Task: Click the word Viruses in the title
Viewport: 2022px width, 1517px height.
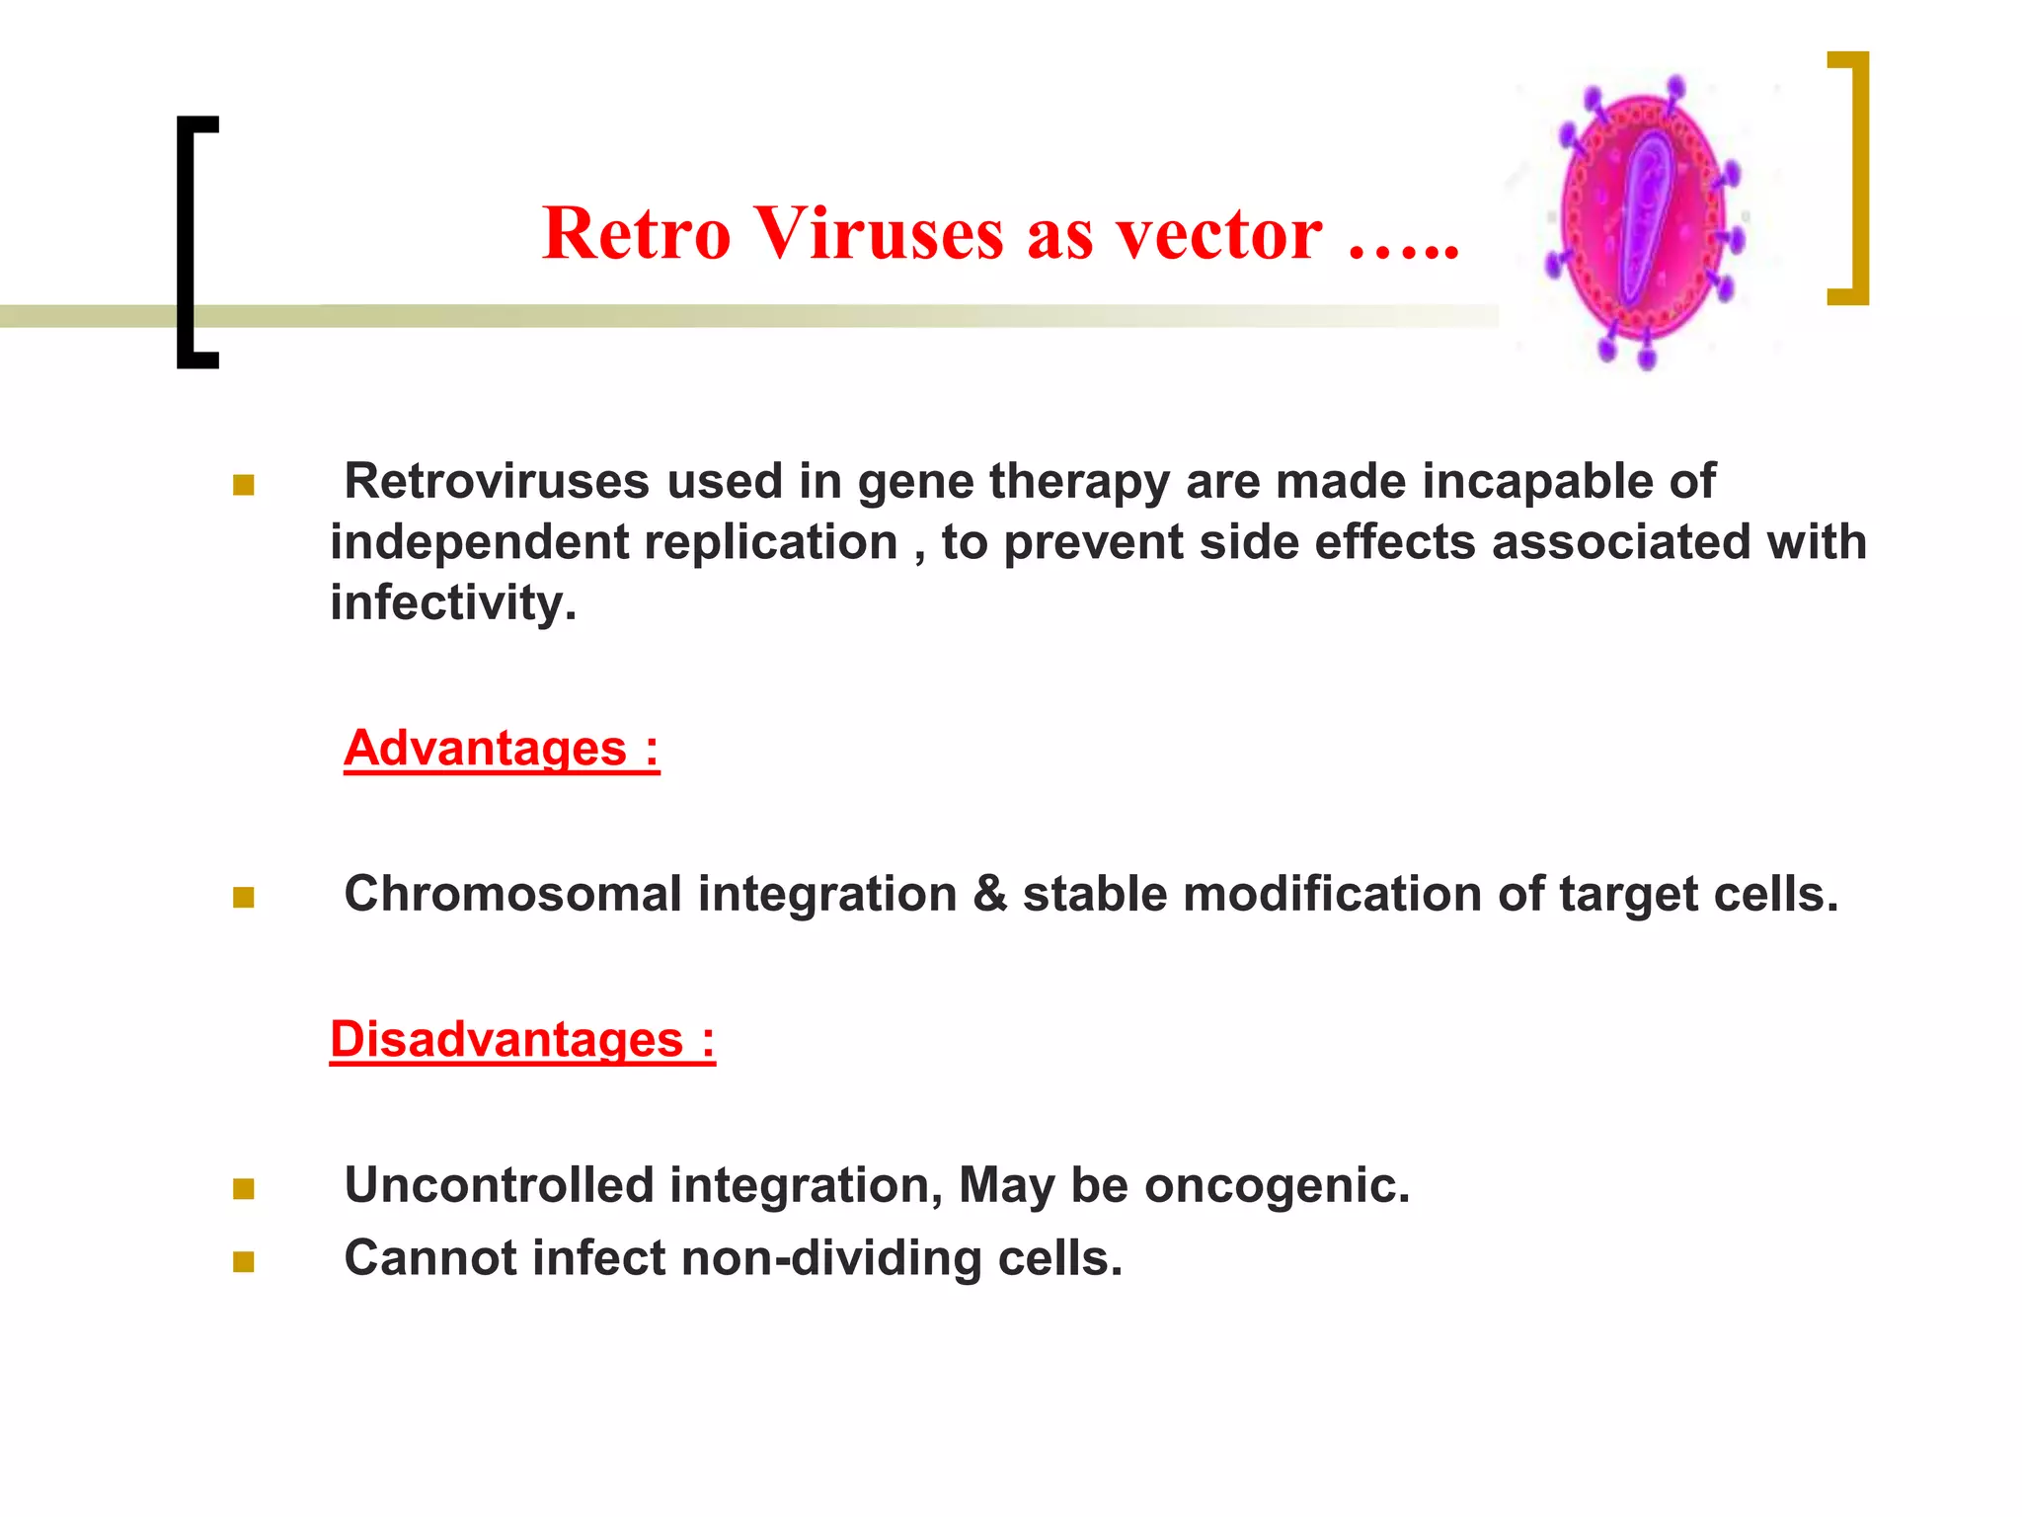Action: pos(881,234)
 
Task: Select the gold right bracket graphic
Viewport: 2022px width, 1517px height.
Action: pos(1856,178)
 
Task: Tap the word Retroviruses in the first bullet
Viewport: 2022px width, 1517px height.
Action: pos(497,482)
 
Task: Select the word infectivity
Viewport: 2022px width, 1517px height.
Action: pos(453,602)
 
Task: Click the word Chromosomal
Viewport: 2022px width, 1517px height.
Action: pos(512,894)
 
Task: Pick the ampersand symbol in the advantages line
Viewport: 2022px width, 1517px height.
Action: pos(990,894)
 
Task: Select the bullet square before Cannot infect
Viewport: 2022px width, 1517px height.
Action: pos(244,1262)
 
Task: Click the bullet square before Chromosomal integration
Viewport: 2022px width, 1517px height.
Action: pos(244,897)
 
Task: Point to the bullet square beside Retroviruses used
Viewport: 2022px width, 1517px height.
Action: pos(244,485)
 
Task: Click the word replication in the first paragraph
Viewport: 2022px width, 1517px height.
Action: pos(770,542)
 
